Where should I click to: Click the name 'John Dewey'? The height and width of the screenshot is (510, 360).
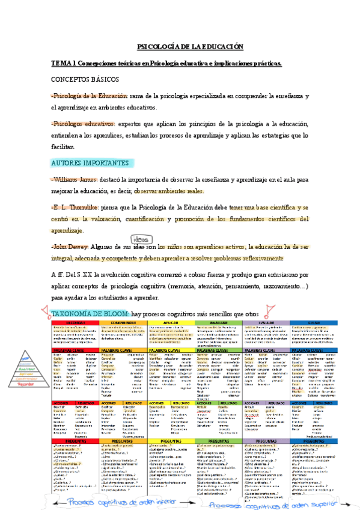tap(71, 247)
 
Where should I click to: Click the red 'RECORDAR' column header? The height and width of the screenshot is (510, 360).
tap(75, 323)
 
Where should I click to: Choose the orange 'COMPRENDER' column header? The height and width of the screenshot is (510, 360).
tap(121, 323)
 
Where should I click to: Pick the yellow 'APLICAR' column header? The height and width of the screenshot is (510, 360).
tap(170, 323)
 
